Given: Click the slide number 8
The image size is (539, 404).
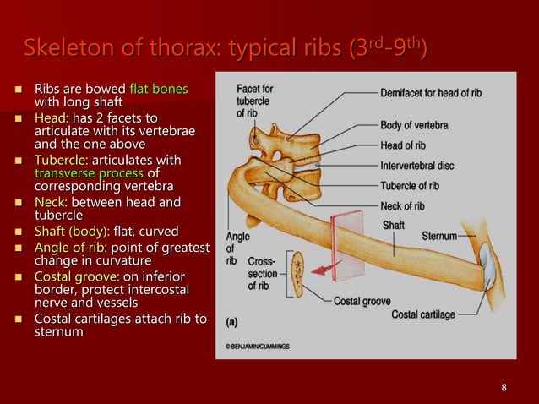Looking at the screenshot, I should click(504, 388).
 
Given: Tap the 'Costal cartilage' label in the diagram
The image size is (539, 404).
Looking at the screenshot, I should click(423, 314).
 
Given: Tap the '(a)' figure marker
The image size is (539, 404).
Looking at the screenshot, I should click(232, 321).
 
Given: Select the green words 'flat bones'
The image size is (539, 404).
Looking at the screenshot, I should click(158, 88).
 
